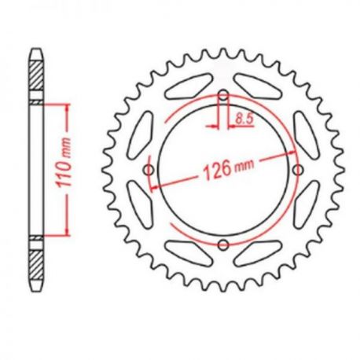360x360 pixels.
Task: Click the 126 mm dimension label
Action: point(229,169)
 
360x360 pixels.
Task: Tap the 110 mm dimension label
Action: point(64,163)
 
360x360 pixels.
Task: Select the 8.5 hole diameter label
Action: point(244,119)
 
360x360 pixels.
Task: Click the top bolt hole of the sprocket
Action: point(223,95)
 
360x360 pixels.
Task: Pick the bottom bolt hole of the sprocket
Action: point(223,245)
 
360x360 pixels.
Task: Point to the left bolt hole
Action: point(149,171)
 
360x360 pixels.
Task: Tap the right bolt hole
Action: point(298,171)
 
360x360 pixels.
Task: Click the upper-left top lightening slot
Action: point(189,86)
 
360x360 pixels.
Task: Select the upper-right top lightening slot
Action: point(258,86)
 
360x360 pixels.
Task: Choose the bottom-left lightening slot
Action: point(189,254)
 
